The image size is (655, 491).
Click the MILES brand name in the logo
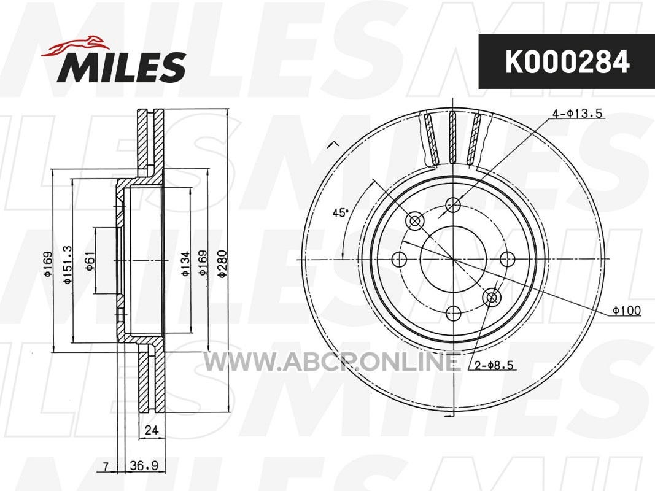(x=121, y=67)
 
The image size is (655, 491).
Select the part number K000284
(x=567, y=62)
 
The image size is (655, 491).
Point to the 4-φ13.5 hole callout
(x=578, y=114)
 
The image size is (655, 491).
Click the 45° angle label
(x=340, y=213)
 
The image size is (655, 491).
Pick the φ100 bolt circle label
(x=627, y=311)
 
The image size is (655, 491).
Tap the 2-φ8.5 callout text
(x=494, y=366)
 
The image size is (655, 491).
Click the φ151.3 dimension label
(x=68, y=265)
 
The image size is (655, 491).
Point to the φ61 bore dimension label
(x=90, y=261)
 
